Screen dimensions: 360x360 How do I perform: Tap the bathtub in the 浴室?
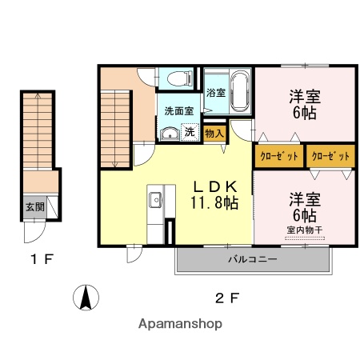click(239, 92)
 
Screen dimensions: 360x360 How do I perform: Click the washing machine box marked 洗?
click(190, 132)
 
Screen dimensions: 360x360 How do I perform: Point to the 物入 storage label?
click(214, 133)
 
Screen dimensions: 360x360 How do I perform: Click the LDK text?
click(214, 186)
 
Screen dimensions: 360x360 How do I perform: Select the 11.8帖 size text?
click(214, 203)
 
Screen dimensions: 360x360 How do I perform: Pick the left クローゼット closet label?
click(279, 155)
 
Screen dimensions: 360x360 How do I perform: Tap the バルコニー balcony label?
click(251, 259)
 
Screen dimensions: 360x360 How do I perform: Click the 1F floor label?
click(42, 259)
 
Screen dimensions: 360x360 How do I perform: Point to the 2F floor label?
click(227, 299)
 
